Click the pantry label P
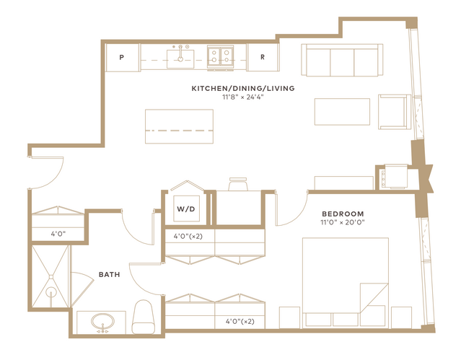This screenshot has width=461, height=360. [x=121, y=57]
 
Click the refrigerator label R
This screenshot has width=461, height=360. [x=263, y=57]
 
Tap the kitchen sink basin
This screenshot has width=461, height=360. [x=180, y=59]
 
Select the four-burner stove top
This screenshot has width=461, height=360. [x=220, y=57]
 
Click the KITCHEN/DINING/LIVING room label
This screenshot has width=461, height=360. [x=243, y=88]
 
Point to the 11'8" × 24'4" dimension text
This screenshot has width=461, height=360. [x=243, y=97]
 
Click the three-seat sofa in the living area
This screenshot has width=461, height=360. [x=342, y=60]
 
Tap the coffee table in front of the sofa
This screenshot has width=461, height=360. [x=342, y=112]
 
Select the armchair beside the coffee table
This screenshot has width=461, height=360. [x=395, y=112]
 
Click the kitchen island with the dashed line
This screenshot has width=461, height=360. [x=179, y=126]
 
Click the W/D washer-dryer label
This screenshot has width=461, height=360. [x=186, y=209]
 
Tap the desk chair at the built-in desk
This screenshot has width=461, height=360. [x=238, y=184]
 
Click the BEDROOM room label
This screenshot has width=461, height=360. [x=343, y=214]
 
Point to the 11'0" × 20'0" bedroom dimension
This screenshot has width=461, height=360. [x=343, y=222]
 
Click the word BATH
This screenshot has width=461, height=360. [x=110, y=274]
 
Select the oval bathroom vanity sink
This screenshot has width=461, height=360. [x=103, y=322]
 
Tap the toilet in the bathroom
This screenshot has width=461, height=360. [x=143, y=317]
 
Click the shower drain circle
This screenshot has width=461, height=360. [x=51, y=292]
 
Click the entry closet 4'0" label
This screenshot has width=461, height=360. [x=58, y=234]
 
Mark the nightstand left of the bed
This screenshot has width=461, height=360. [x=289, y=317]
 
